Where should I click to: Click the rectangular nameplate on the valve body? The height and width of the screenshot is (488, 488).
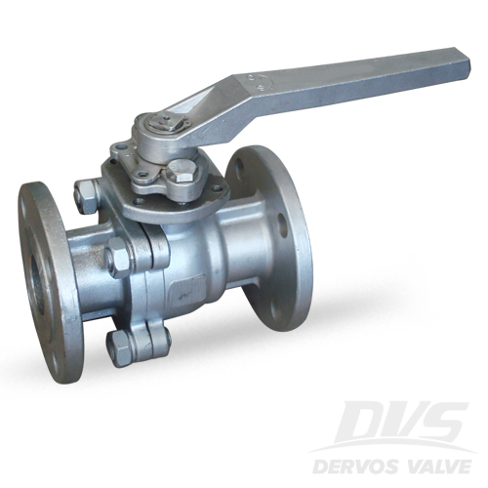click(187, 291)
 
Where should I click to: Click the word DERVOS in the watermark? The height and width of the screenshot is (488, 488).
click(361, 467)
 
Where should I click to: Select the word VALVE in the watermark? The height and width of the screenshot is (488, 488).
click(435, 467)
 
